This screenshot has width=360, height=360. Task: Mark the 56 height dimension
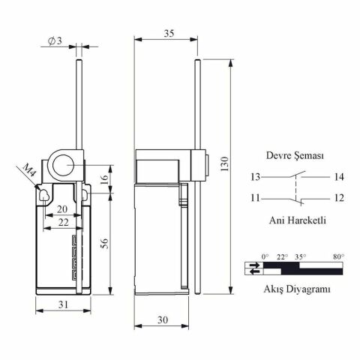(x=104, y=243)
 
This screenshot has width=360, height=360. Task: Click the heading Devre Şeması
(x=295, y=156)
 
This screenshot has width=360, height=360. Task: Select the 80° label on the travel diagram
(x=338, y=256)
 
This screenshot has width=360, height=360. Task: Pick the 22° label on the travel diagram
(x=283, y=256)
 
